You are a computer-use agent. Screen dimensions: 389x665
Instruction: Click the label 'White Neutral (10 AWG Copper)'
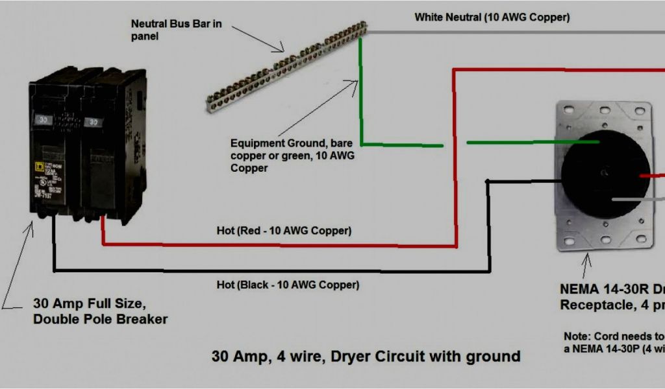(492, 18)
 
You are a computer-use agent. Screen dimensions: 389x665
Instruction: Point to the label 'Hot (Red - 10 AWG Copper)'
(284, 231)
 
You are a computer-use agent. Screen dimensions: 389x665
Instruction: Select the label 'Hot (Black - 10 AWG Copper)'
(288, 285)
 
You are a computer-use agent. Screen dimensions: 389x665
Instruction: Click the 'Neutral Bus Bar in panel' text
(176, 30)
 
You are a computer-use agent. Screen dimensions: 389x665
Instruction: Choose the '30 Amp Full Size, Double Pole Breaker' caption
(100, 311)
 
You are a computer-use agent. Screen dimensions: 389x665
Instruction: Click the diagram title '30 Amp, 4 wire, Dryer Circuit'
(366, 356)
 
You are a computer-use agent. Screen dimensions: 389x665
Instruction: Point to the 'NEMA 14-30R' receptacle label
(610, 296)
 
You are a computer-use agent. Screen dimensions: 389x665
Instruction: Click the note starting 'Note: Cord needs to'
(614, 342)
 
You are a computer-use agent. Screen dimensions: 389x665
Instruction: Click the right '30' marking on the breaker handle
(93, 121)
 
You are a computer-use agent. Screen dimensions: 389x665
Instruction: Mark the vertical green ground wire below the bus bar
(361, 91)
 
